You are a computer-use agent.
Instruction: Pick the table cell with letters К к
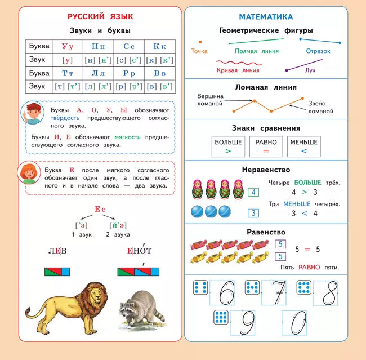coord(159,46)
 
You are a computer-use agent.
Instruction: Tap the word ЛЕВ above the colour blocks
coord(57,251)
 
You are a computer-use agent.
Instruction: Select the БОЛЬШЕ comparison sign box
coord(228,146)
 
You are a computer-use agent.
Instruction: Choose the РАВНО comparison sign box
coord(266,146)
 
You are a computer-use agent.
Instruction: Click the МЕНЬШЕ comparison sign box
coord(304,146)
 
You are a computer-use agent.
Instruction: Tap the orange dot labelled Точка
coord(199,41)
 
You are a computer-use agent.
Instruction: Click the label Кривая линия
coord(238,70)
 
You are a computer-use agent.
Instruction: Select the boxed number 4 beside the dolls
coord(254,192)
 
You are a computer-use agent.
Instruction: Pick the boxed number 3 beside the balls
coord(254,213)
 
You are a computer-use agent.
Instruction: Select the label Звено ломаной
coord(321,108)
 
